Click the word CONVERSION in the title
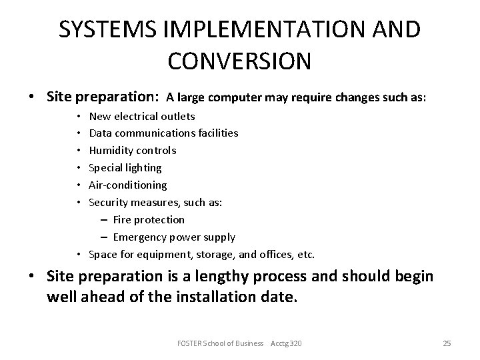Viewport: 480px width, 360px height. click(239, 60)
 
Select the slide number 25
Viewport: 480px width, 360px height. click(447, 343)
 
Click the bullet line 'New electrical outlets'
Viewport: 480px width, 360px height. click(142, 116)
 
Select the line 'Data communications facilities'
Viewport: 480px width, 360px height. click(163, 133)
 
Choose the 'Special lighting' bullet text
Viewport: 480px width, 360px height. click(125, 167)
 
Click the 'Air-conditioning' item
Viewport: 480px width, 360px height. click(128, 185)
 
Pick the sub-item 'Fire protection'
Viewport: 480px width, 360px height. click(149, 219)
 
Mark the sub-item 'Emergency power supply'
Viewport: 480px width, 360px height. click(174, 237)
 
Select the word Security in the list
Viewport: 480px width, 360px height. click(108, 202)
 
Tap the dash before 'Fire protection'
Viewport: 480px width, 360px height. click(105, 219)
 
